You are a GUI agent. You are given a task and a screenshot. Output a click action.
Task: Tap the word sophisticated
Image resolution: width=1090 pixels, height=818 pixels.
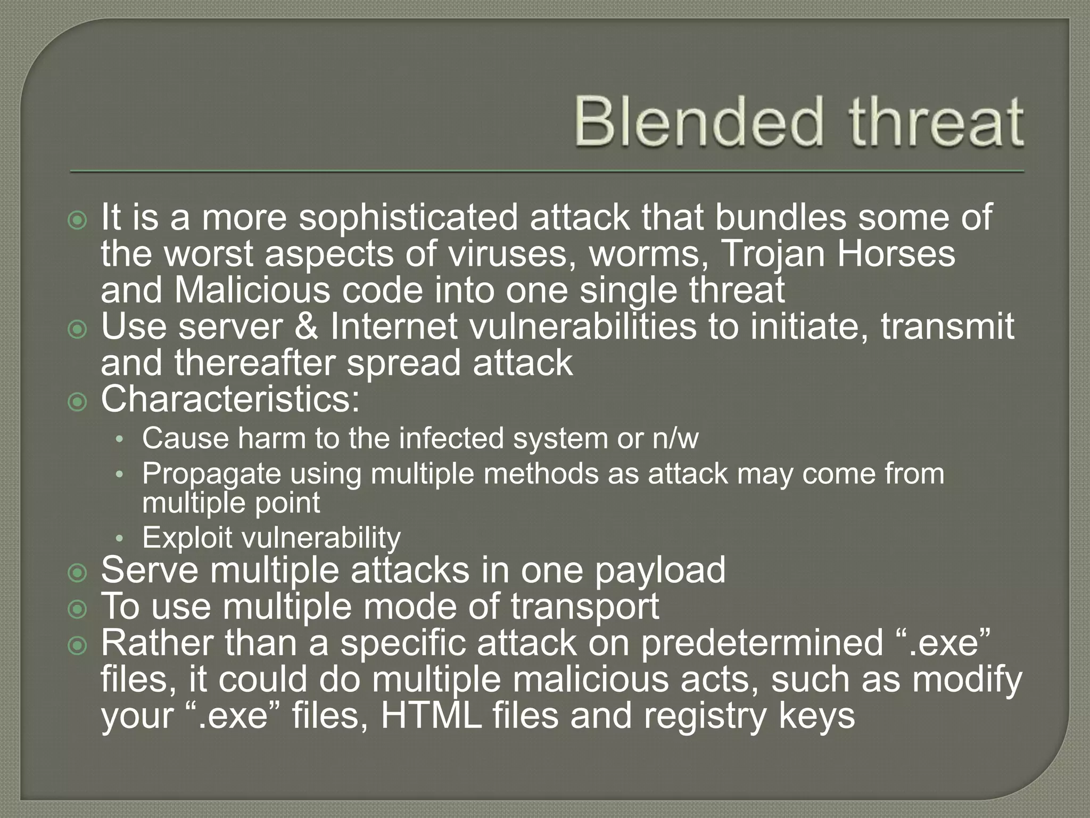(408, 218)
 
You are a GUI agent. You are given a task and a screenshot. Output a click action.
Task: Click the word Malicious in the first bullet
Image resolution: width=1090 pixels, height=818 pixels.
(252, 290)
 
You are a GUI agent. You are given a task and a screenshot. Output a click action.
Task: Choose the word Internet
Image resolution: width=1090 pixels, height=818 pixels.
(393, 327)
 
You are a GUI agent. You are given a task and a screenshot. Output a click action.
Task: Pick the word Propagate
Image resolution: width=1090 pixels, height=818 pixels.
(211, 474)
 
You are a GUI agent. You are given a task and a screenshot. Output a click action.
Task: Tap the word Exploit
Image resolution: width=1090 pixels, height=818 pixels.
(187, 537)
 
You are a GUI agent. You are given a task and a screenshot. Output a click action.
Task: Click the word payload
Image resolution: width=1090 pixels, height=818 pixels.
(659, 570)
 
